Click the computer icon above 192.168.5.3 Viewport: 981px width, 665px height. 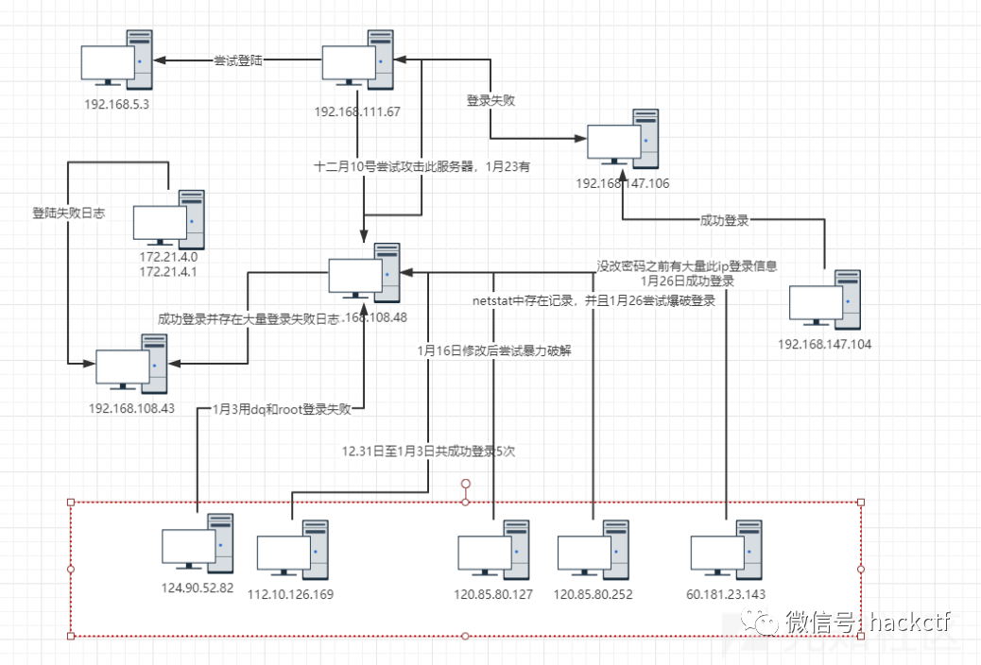point(119,62)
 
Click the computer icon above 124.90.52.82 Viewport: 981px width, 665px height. point(198,545)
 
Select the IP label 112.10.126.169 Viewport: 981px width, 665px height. point(290,595)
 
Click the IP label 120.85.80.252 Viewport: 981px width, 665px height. point(593,595)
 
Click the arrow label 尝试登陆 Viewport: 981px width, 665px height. point(238,60)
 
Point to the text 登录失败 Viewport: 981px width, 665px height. point(491,99)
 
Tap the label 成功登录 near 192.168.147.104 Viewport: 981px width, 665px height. point(724,221)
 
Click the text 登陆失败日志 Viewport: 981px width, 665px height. point(68,213)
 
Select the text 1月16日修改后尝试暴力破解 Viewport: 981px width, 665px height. point(494,350)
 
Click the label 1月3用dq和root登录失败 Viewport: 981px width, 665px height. point(282,410)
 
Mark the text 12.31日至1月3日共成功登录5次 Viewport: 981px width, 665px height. point(428,452)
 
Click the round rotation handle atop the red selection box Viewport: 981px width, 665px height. point(465,485)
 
